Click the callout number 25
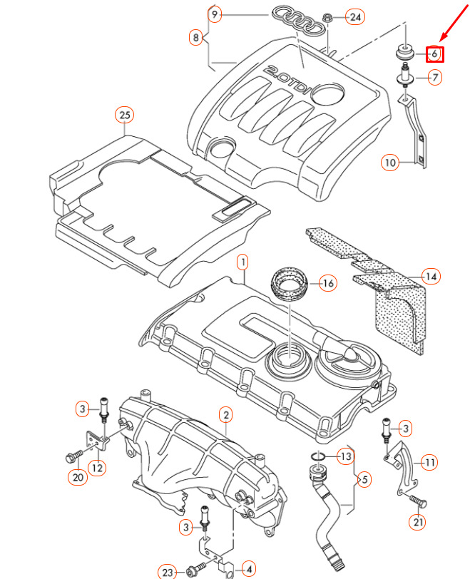click(126, 114)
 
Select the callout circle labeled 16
click(327, 284)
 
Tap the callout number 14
click(430, 276)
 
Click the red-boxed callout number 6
click(434, 53)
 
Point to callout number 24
click(354, 16)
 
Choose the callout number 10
click(390, 163)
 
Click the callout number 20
click(76, 478)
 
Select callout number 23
click(168, 571)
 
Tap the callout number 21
click(417, 523)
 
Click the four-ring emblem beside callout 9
click(300, 20)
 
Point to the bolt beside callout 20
click(74, 455)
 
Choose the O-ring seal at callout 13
click(320, 456)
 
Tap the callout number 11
click(429, 463)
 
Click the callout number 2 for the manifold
click(225, 414)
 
